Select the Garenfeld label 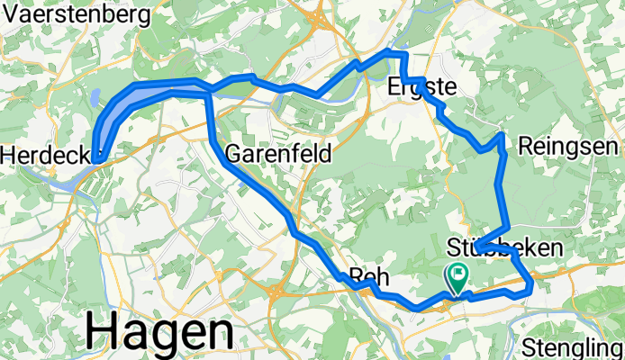pos(277,153)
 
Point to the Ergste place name pos(421,86)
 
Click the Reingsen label pos(567,146)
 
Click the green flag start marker pos(457,277)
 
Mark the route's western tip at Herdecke pos(95,159)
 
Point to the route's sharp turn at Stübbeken pos(478,245)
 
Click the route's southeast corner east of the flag pos(531,287)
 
